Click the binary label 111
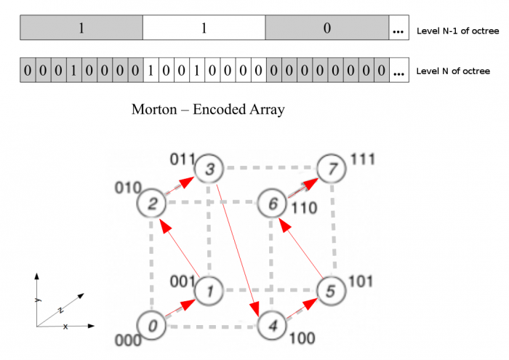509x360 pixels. pos(361,158)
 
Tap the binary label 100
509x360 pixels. pos(301,338)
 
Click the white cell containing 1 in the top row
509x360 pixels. pos(204,28)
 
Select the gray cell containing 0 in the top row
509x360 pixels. pos(326,28)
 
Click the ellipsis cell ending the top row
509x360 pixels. pos(398,30)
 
